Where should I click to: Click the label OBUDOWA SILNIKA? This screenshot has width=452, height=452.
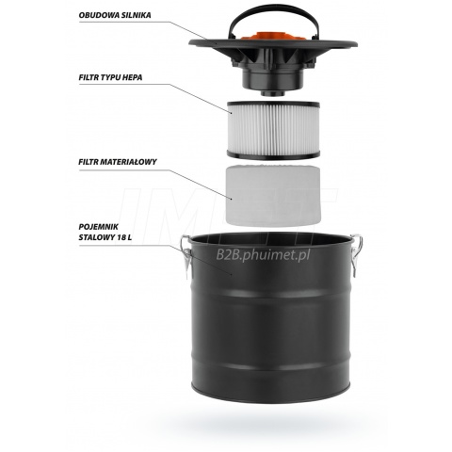pyautogui.click(x=115, y=15)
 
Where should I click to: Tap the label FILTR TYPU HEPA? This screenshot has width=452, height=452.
pyautogui.click(x=110, y=77)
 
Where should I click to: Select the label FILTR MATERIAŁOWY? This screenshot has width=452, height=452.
pyautogui.click(x=118, y=162)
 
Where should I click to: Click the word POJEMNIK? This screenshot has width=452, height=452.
pyautogui.click(x=98, y=227)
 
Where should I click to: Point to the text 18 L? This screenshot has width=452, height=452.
pyautogui.click(x=124, y=237)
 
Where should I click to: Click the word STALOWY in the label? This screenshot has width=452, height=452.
pyautogui.click(x=97, y=237)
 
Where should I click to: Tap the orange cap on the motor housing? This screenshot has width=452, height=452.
pyautogui.click(x=273, y=36)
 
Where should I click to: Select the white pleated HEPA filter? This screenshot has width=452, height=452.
pyautogui.click(x=273, y=130)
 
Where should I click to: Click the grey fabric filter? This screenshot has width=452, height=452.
pyautogui.click(x=273, y=195)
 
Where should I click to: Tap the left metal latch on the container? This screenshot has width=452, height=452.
pyautogui.click(x=186, y=257)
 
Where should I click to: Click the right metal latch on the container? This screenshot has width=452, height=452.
pyautogui.click(x=356, y=255)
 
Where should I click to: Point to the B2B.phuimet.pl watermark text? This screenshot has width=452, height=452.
pyautogui.click(x=263, y=255)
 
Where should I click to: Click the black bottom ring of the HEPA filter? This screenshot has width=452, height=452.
pyautogui.click(x=273, y=154)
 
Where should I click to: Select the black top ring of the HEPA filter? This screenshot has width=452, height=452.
pyautogui.click(x=273, y=105)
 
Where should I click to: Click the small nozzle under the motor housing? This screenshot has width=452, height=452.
pyautogui.click(x=272, y=91)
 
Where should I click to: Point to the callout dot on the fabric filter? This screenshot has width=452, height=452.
pyautogui.click(x=232, y=199)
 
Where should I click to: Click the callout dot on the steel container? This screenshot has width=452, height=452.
pyautogui.click(x=232, y=274)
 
